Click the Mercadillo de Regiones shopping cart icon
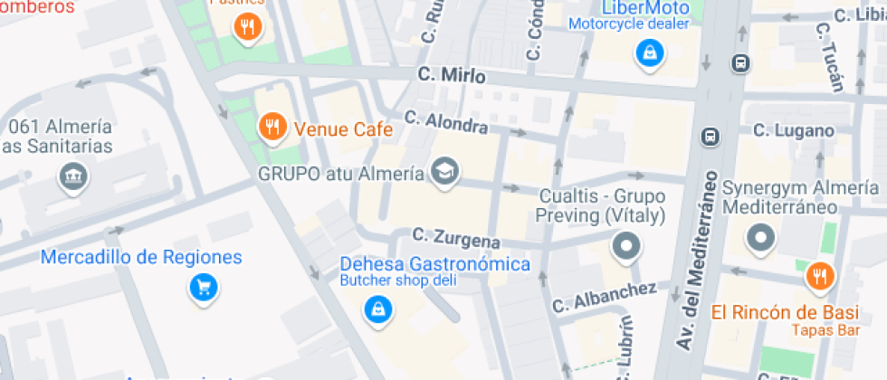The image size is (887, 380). coord(204,288)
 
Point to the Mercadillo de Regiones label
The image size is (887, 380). coord(141,258)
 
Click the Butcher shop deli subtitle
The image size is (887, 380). coord(398,280)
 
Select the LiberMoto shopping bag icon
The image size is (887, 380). coord(649,53)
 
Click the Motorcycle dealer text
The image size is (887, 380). coord(629,24)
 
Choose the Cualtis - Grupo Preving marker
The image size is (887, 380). coord(625,245)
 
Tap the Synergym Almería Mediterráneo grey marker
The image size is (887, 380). coord(761,239)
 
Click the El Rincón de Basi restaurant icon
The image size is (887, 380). coord(821,276)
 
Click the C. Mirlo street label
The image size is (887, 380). coord(452,76)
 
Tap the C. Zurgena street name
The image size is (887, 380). coord(456,238)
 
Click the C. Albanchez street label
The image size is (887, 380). coord(605,295)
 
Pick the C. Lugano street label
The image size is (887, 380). coord(794,131)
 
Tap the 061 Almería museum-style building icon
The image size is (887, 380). coord(72,178)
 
